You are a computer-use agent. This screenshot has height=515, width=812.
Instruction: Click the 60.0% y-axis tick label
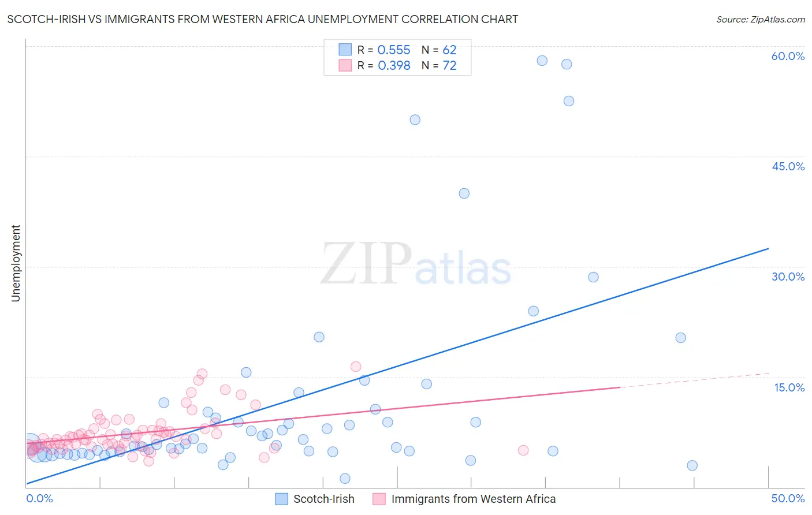788,56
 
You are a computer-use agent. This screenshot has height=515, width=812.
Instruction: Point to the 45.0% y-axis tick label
788,166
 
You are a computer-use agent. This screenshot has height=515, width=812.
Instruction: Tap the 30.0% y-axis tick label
788,277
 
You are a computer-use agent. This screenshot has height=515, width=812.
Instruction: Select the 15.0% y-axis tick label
789,387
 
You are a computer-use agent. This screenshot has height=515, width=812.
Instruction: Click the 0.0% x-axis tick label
39,498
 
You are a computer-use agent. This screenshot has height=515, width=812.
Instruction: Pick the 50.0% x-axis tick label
788,498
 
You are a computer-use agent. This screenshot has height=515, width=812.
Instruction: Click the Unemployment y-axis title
16,263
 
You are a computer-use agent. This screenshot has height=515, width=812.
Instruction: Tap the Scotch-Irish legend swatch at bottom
281,499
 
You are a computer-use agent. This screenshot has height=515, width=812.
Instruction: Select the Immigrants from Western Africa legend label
473,499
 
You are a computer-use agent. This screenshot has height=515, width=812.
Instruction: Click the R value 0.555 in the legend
393,50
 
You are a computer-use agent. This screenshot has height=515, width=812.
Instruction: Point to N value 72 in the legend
449,66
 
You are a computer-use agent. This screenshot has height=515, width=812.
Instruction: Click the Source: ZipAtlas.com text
760,20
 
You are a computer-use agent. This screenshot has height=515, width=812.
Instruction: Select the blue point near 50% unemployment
415,120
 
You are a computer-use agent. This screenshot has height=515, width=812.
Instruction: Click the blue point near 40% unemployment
464,193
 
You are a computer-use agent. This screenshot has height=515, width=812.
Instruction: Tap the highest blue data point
542,61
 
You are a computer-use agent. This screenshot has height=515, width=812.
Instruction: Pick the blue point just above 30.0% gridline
593,277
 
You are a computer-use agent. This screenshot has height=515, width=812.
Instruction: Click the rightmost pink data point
523,450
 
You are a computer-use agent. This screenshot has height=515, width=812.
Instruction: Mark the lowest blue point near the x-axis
345,478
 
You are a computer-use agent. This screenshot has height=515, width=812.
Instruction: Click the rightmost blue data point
692,465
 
